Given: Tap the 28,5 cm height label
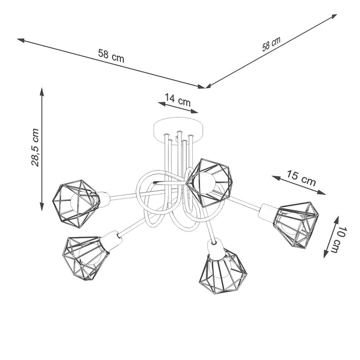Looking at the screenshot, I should pyautogui.click(x=35, y=148).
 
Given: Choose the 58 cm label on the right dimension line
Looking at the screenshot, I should pyautogui.click(x=272, y=45).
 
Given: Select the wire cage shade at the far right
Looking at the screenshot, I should pyautogui.click(x=297, y=222).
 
